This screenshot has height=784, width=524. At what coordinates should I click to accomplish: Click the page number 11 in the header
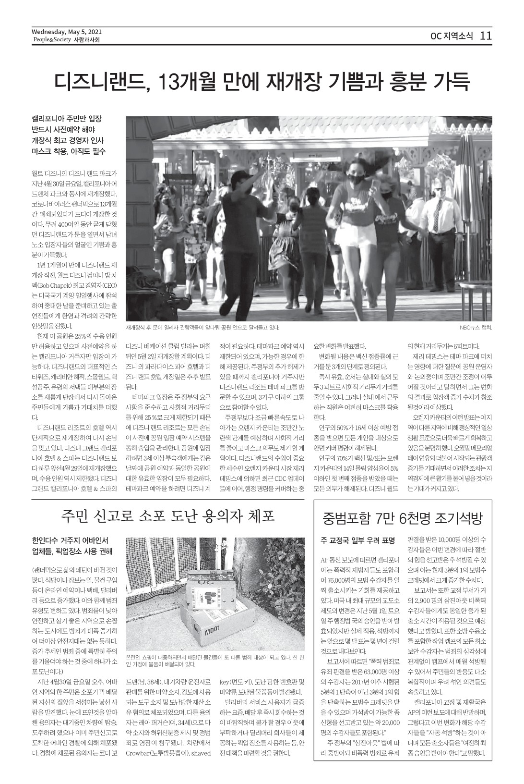(x=486, y=36)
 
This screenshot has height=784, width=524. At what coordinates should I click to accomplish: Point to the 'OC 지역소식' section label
(x=452, y=36)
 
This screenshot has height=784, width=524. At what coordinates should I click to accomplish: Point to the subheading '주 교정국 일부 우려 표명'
(x=357, y=540)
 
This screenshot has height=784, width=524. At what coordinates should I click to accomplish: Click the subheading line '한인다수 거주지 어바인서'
(x=70, y=539)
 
